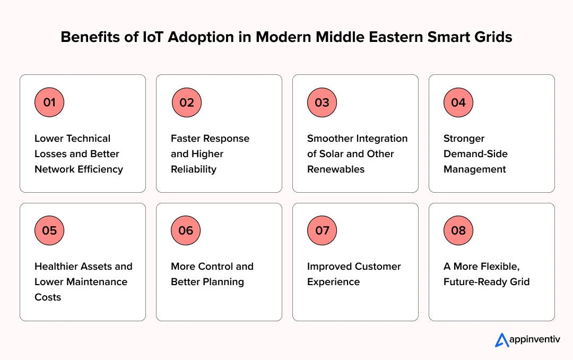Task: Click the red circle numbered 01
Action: pos(49,102)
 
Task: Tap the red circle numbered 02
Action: pos(186,102)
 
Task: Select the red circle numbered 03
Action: pos(322,102)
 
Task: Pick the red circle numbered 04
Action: pos(458,102)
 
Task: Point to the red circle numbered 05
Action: pos(49,230)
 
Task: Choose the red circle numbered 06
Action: pos(186,230)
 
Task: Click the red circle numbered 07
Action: pos(322,230)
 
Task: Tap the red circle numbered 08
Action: pos(458,230)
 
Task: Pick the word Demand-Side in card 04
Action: pos(475,154)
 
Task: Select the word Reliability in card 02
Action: pos(194,169)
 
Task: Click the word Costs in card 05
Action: pos(48,297)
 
